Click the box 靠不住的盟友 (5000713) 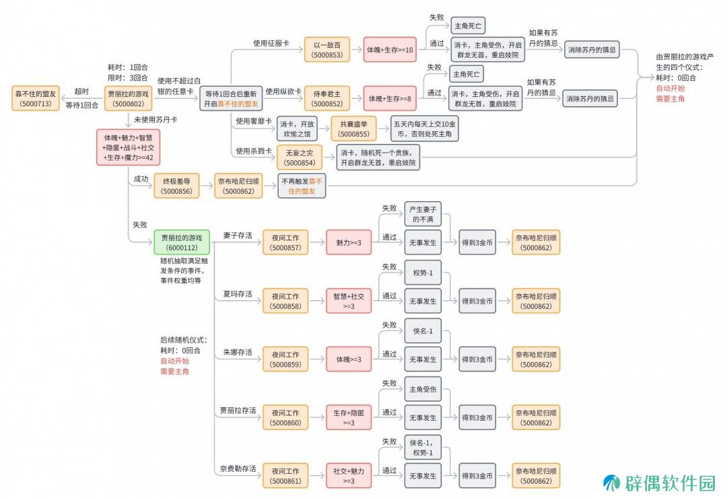(36, 99)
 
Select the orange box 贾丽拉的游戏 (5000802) (129, 99)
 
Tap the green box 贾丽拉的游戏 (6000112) (182, 242)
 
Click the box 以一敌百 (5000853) (327, 50)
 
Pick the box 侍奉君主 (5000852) (327, 99)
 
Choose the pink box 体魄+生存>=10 (390, 50)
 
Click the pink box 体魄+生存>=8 (390, 99)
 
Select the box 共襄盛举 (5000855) (353, 129)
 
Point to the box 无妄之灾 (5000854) (299, 157)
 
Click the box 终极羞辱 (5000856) (176, 186)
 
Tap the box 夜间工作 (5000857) (285, 242)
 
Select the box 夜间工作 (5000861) (285, 476)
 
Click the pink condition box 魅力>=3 (349, 242)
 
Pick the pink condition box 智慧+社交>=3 (349, 301)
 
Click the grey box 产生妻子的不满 (423, 214)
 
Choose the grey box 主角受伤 (423, 389)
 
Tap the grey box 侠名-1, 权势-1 (423, 448)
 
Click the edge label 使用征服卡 (271, 43)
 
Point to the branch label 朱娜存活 (238, 352)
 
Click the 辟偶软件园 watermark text (670, 483)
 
